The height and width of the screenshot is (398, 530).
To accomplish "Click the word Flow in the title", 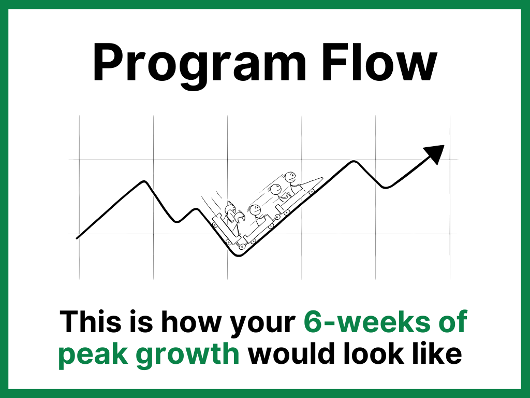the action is click(x=379, y=62).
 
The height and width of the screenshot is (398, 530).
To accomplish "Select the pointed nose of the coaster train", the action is click(x=321, y=178).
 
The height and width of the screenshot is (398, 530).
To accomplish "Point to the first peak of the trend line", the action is click(x=145, y=182).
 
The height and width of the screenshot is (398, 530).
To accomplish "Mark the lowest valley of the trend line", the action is click(x=239, y=254).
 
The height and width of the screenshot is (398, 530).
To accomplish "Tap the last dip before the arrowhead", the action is click(x=386, y=187).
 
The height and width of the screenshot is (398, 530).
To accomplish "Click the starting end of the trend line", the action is click(x=78, y=238).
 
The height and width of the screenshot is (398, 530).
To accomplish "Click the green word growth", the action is click(x=187, y=354).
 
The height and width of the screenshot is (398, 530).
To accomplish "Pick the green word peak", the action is click(x=94, y=354).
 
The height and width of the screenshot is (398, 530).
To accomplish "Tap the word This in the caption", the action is click(x=91, y=321).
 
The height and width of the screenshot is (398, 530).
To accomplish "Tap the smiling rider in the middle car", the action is click(x=255, y=210).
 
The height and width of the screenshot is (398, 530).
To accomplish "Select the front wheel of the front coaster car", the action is click(x=312, y=192).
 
